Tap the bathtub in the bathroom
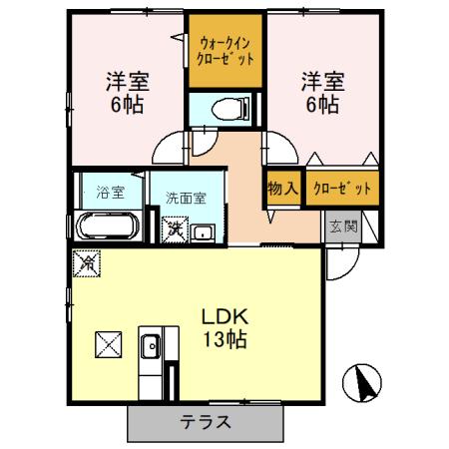pos(107,224)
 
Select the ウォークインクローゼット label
pos(225,51)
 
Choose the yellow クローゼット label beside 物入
pos(341,188)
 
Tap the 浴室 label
pos(107,189)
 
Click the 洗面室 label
pos(186,198)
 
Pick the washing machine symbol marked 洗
pos(175,230)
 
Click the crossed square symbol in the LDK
pos(107,344)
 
